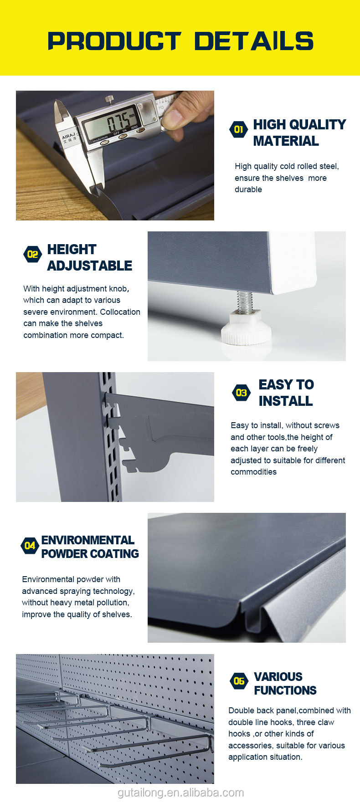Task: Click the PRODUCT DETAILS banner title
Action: click(180, 41)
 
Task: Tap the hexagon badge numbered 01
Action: click(238, 129)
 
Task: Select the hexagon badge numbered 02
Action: click(32, 254)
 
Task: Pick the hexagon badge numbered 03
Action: click(241, 393)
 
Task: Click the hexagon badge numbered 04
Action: click(30, 545)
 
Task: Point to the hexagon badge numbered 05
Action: click(239, 681)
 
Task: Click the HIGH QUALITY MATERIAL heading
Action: click(299, 133)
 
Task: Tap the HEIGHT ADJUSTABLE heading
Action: click(89, 257)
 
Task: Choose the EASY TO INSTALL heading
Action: click(286, 393)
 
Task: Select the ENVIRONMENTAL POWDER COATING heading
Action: click(90, 547)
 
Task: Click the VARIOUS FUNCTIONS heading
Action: click(285, 683)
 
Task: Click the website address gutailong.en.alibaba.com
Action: click(181, 793)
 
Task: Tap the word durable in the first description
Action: click(248, 189)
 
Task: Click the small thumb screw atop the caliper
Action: click(109, 99)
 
